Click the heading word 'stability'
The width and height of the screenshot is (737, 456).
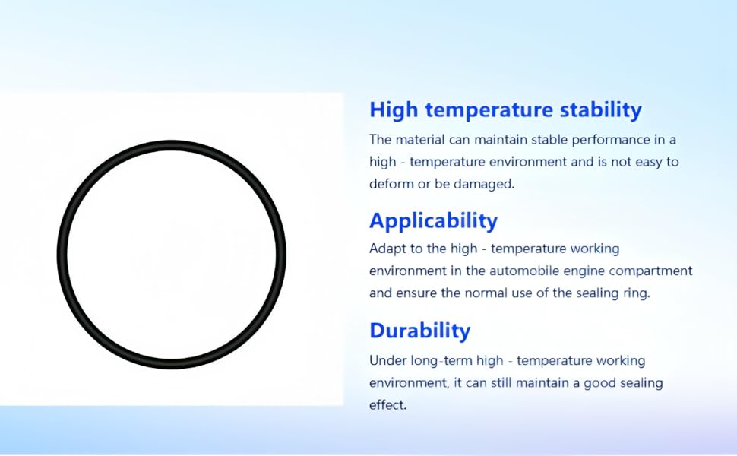tap(600, 109)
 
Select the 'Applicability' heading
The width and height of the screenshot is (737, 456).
tap(433, 221)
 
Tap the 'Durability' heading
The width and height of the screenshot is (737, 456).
tap(419, 331)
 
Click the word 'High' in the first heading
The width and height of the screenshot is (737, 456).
tap(394, 110)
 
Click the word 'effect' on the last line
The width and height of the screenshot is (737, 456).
tap(387, 405)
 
